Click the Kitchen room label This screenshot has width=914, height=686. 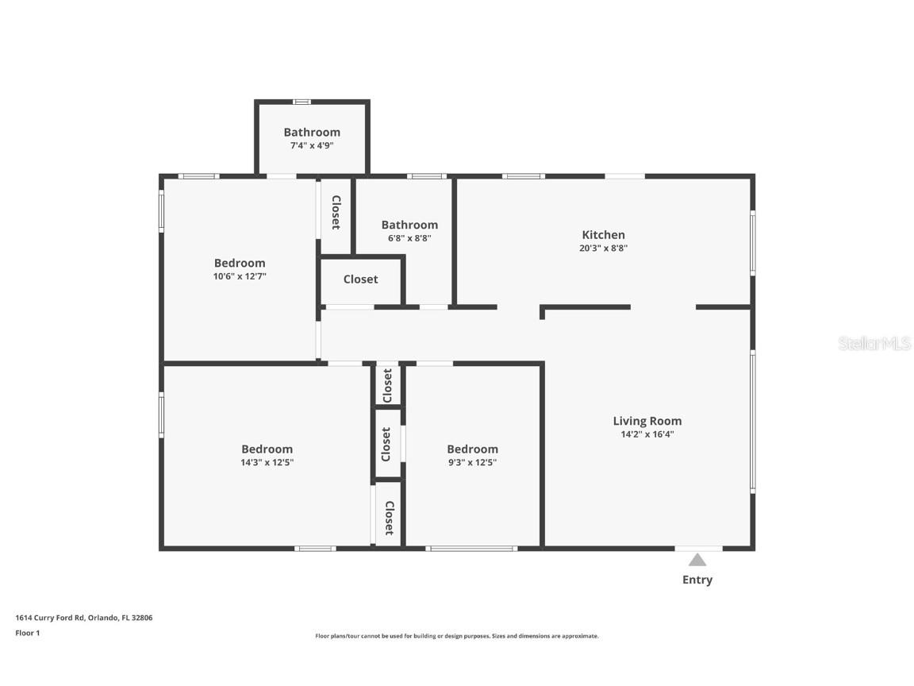point(603,234)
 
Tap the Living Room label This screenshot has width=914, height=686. point(647,421)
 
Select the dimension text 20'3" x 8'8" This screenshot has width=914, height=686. point(603,248)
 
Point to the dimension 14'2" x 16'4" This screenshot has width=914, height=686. point(647,434)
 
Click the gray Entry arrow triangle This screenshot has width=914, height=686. point(697,560)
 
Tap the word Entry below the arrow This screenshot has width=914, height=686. point(697,580)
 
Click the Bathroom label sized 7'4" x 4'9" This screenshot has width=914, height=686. point(312,133)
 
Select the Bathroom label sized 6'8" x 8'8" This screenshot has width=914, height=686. point(409,225)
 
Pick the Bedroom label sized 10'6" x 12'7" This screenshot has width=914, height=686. point(240,263)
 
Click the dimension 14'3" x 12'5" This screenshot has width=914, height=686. point(267,463)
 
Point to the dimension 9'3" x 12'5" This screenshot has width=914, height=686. point(472,463)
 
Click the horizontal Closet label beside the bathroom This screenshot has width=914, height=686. point(361,279)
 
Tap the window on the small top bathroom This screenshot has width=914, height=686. point(301,102)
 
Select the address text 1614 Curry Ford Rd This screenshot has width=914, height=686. point(50,618)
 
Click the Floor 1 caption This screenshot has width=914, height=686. point(28,633)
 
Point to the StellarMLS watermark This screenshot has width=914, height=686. point(874,343)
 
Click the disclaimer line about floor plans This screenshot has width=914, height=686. point(457,636)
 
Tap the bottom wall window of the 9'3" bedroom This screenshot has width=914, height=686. point(471,549)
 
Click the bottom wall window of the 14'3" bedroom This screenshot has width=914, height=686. point(315,549)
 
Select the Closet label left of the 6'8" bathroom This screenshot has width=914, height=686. point(336,212)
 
